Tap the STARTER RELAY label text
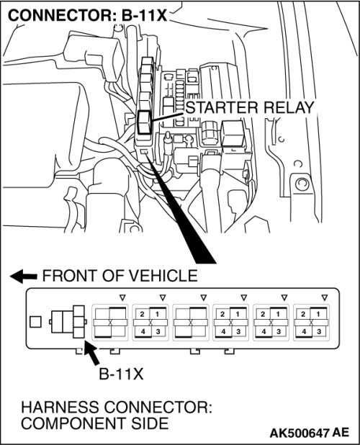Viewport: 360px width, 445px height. point(250,107)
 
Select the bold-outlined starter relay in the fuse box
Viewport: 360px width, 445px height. point(144,122)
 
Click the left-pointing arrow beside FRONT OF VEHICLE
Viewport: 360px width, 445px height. point(24,276)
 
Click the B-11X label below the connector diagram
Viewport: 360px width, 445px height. point(121,374)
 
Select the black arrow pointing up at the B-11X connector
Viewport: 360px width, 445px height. point(91,353)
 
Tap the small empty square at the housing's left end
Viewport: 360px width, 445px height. point(35,322)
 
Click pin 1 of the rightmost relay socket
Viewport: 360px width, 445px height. point(318,314)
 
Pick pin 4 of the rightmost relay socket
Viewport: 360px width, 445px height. point(304,331)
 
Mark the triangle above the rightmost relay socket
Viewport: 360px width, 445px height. point(325,297)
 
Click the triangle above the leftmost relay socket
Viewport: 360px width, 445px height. point(122,297)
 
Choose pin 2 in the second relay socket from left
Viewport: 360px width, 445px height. point(142,314)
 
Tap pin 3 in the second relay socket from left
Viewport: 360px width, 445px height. point(158,331)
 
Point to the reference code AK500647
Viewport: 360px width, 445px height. point(300,433)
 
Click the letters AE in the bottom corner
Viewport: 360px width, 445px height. point(341,433)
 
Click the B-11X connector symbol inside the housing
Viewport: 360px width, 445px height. point(68,322)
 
